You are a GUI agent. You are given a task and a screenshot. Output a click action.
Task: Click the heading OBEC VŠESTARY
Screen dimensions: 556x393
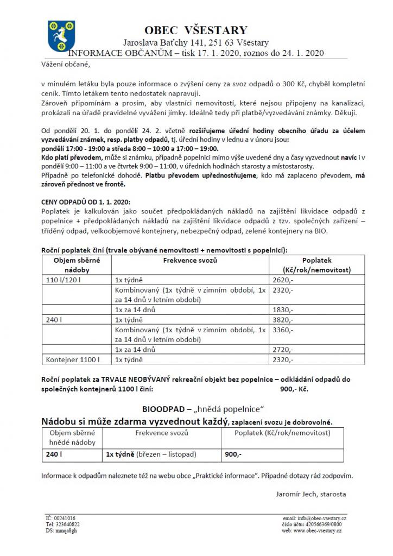[196, 30]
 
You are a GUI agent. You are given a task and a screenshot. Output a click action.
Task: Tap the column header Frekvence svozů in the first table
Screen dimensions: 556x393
[190, 261]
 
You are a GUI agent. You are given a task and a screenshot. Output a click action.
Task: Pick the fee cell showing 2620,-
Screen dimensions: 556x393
[282, 280]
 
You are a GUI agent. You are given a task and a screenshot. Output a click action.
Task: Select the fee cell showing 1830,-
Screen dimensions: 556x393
[282, 309]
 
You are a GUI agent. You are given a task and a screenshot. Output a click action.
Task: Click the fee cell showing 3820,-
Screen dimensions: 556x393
[282, 320]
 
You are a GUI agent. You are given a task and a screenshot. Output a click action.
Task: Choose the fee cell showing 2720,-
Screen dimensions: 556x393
[282, 349]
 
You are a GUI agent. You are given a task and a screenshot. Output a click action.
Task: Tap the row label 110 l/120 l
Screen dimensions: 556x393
[61, 280]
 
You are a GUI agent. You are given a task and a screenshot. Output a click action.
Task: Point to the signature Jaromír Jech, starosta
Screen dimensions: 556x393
[307, 494]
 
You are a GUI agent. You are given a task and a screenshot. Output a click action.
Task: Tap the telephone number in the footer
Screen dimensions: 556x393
[63, 525]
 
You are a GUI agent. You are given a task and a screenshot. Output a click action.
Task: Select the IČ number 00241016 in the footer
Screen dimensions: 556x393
[60, 519]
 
